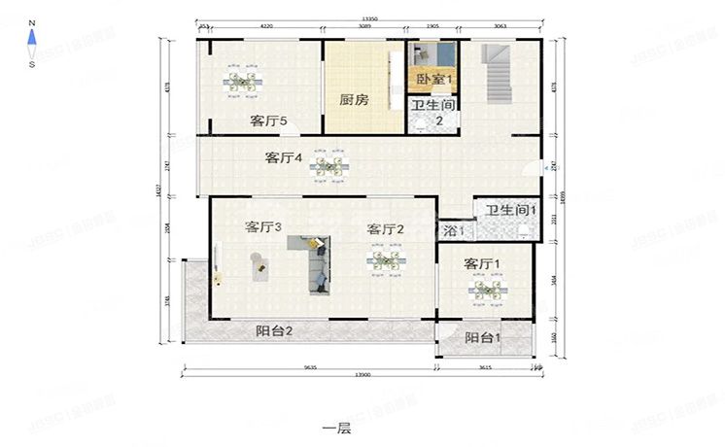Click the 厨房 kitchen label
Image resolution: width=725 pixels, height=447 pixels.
(354, 99)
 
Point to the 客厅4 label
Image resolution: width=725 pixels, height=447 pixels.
(284, 157)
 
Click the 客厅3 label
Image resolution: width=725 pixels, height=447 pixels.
(263, 227)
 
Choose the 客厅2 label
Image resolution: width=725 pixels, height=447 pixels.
(385, 229)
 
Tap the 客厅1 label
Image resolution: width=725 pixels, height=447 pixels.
(482, 264)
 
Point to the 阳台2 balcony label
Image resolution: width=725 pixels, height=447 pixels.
(275, 331)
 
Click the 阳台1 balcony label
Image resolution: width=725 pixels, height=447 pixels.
(483, 338)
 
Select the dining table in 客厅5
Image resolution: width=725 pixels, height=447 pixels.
(240, 84)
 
